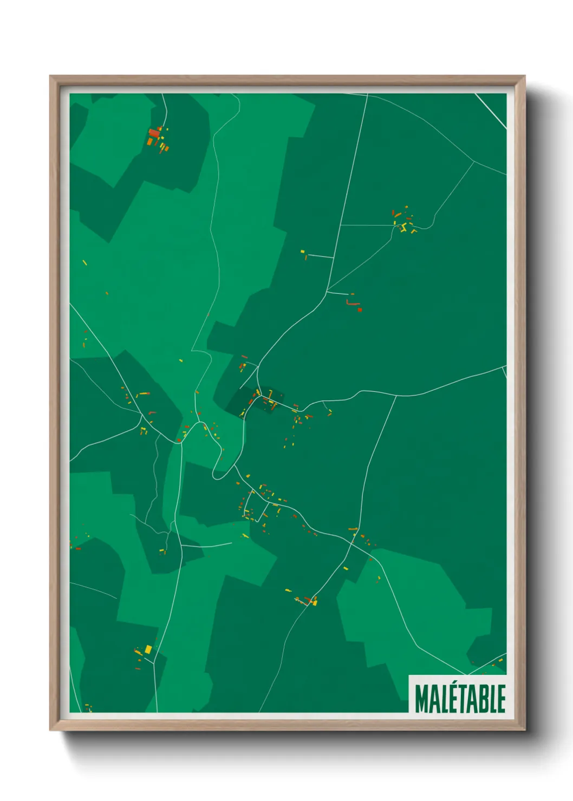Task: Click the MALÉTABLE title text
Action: click(460, 698)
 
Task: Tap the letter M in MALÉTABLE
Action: click(422, 698)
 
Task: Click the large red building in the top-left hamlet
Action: click(154, 133)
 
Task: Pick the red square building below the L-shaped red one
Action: click(360, 310)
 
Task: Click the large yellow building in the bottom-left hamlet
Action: click(148, 648)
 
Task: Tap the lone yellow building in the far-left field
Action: click(84, 262)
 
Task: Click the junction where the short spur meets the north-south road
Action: click(333, 258)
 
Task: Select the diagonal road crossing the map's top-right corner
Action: click(491, 111)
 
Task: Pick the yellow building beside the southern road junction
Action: click(315, 601)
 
